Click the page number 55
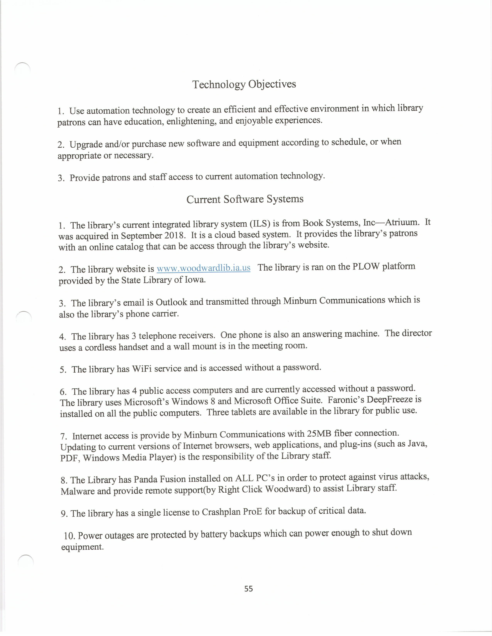249,589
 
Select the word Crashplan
221,512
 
